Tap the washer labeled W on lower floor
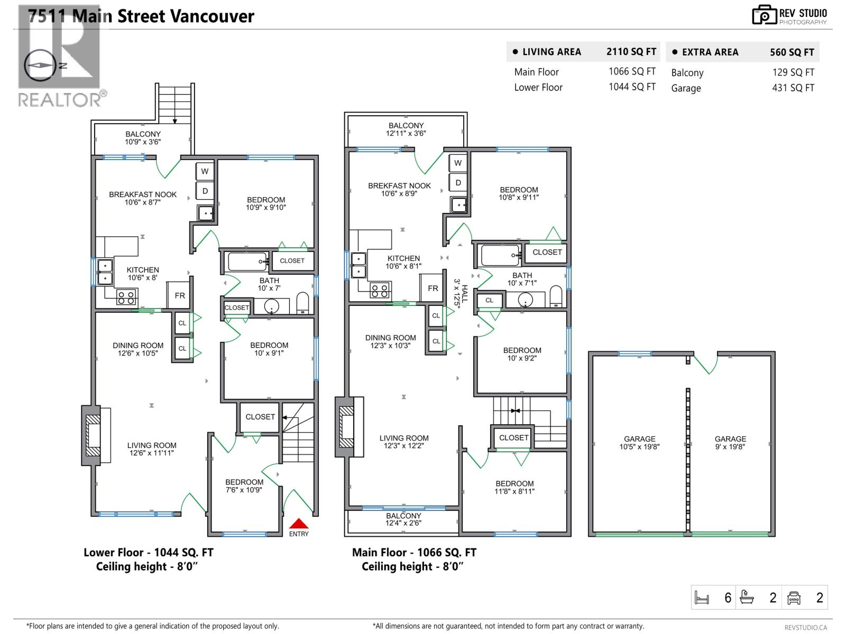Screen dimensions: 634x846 click(x=205, y=171)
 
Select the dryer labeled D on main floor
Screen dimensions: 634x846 click(x=458, y=183)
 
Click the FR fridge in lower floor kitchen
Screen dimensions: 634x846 click(x=180, y=295)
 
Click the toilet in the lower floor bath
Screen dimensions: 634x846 click(x=302, y=304)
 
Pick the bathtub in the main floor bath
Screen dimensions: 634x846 click(x=500, y=256)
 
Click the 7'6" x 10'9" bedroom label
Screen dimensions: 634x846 click(x=244, y=486)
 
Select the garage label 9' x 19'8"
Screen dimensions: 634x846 click(x=730, y=443)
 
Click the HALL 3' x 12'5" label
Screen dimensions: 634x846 click(x=461, y=293)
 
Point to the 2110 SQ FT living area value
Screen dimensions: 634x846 click(x=631, y=52)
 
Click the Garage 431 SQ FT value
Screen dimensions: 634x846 click(x=793, y=88)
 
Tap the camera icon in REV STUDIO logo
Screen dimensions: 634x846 click(x=764, y=15)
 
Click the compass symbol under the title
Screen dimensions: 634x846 click(x=40, y=66)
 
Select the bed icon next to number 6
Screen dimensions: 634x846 click(x=702, y=598)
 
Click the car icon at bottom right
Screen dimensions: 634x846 click(x=794, y=598)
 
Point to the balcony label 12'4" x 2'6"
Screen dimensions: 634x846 click(x=403, y=519)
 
